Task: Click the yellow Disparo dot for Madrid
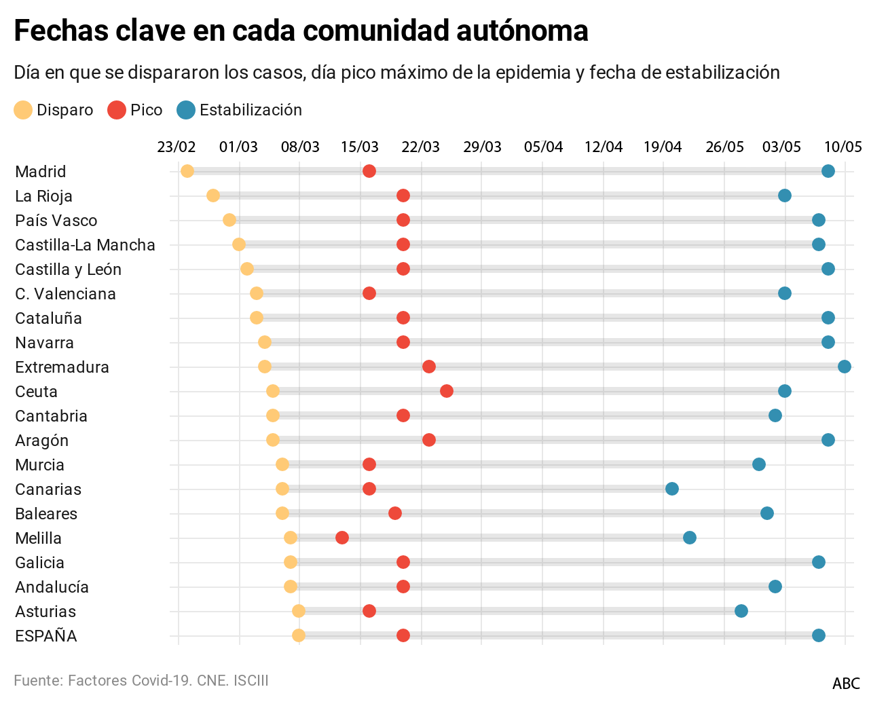[x=187, y=171]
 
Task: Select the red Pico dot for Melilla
[x=342, y=538]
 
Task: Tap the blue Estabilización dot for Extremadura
[x=845, y=367]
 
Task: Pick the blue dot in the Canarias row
[x=672, y=489]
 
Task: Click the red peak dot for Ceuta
[x=447, y=391]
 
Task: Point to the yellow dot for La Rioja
[x=213, y=196]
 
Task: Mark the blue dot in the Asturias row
[x=741, y=611]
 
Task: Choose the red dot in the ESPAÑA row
[x=403, y=635]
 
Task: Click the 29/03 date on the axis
[x=482, y=147]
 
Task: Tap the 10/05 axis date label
[x=843, y=147]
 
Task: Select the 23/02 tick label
[x=177, y=147]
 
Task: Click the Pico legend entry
[x=146, y=110]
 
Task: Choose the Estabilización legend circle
[x=186, y=110]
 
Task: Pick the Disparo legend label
[x=64, y=110]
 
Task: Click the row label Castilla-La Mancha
[x=85, y=245]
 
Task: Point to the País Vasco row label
[x=56, y=221]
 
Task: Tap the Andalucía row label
[x=52, y=587]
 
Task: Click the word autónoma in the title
[x=521, y=31]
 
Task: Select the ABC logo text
[x=846, y=684]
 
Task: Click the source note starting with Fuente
[x=141, y=680]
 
